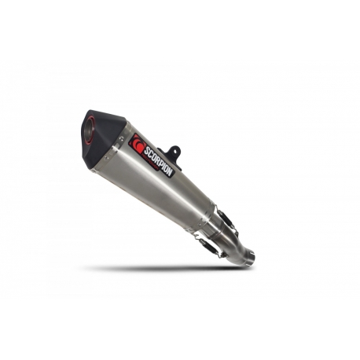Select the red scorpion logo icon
(x=138, y=144)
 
